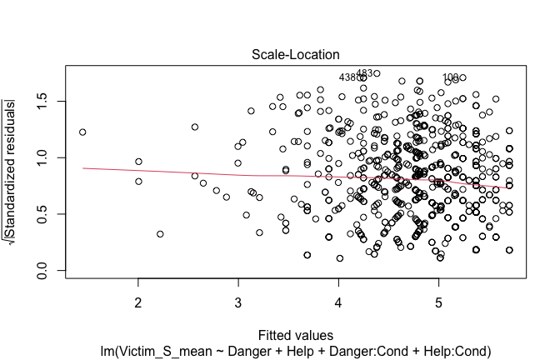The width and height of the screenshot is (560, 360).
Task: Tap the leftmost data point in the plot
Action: pos(82,132)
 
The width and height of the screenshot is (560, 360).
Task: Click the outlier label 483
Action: pos(363,73)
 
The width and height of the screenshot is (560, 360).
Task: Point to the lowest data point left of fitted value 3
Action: pos(160,234)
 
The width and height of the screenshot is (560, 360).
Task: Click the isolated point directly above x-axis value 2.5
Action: pos(195,127)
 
